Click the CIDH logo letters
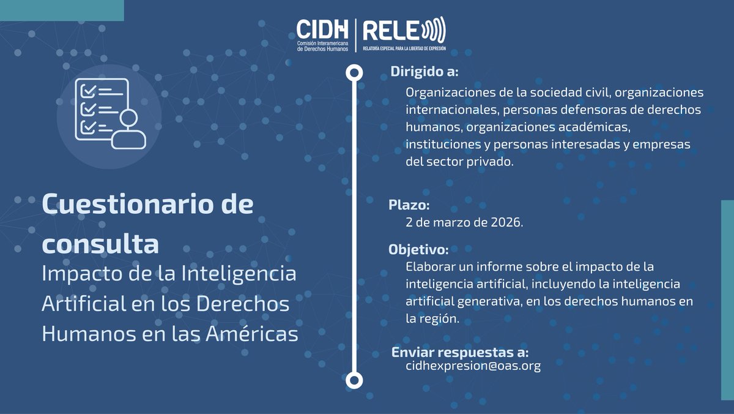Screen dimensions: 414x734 tap(322, 28)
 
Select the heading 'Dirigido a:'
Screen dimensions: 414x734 tap(424, 72)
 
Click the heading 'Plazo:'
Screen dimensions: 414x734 tap(409, 205)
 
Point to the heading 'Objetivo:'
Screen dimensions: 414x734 tap(418, 250)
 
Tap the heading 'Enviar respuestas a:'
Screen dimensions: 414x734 tap(459, 352)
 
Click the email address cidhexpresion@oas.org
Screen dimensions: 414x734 tap(473, 366)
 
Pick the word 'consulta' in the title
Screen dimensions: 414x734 tap(100, 244)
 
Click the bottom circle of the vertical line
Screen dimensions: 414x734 tap(354, 380)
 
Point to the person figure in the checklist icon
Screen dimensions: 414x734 tap(128, 130)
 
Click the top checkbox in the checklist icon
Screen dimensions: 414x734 tap(88, 91)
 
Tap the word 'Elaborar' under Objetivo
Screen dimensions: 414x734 tap(429, 267)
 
